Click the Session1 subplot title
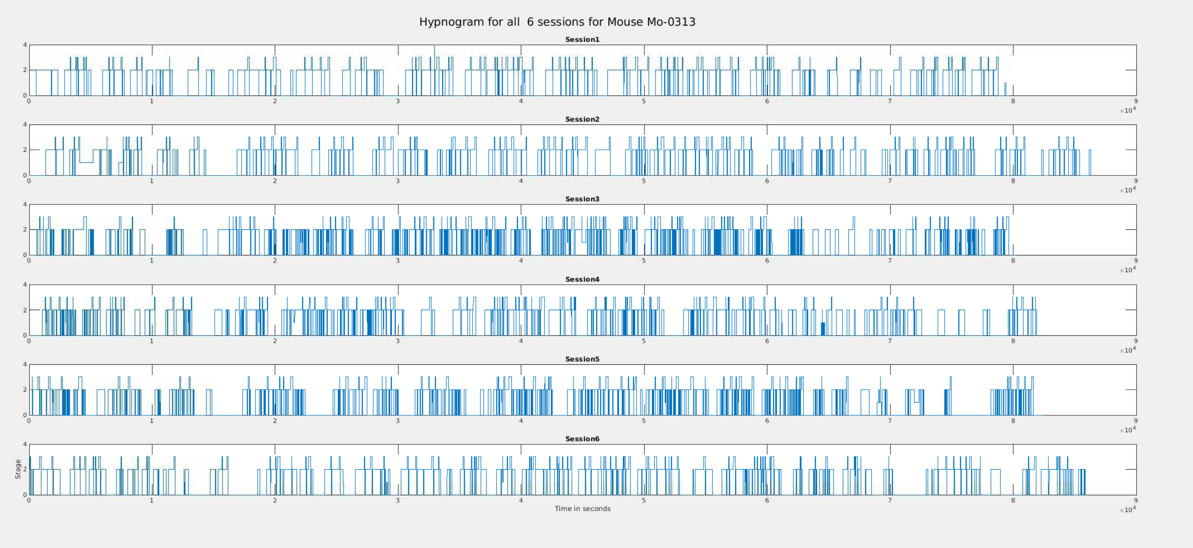coord(582,40)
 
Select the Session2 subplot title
coord(582,119)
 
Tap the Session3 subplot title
coord(582,199)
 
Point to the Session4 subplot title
coord(582,279)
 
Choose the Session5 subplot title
coord(582,359)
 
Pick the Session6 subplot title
coord(582,439)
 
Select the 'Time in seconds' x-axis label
coord(583,509)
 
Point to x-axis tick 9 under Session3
coord(1136,261)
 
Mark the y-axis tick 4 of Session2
coord(25,125)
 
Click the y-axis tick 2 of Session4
coord(25,310)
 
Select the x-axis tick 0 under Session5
coord(29,421)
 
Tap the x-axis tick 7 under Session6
coord(890,500)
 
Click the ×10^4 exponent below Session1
coord(1128,110)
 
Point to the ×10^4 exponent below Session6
coord(1128,510)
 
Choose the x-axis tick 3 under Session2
coord(398,181)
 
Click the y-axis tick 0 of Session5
coord(25,415)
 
